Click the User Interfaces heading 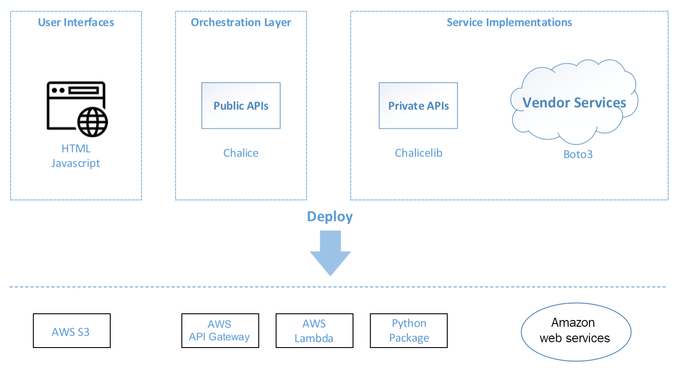point(76,22)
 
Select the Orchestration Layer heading point(241,22)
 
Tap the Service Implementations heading point(509,22)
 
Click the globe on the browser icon point(92,122)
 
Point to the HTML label point(76,148)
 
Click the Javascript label point(76,163)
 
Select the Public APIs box point(241,106)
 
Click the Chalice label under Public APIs point(241,153)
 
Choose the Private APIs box point(418,106)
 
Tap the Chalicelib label point(418,153)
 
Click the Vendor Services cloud point(574,103)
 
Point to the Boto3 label point(578,154)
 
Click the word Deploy point(330,216)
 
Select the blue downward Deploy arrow point(330,252)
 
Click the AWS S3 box point(72,331)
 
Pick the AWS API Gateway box point(220,331)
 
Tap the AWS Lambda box point(314,331)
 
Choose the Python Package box point(409,331)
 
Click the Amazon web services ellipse point(576,332)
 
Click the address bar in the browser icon point(83,90)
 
